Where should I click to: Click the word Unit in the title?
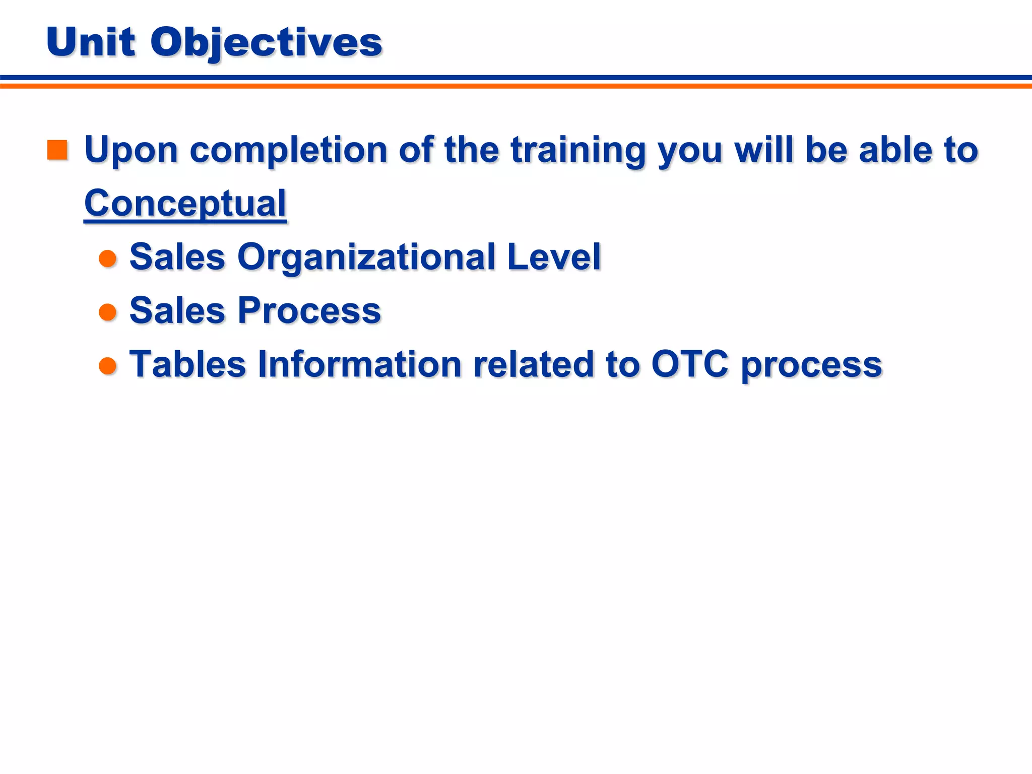tap(91, 42)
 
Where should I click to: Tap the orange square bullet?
tap(57, 150)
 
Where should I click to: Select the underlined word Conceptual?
tap(185, 204)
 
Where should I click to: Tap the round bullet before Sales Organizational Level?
tap(108, 259)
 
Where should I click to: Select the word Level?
tap(554, 257)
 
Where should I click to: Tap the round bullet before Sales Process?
tap(108, 312)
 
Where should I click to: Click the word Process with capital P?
tap(309, 311)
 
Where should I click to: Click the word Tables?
tap(187, 364)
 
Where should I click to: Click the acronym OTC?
tap(690, 364)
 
